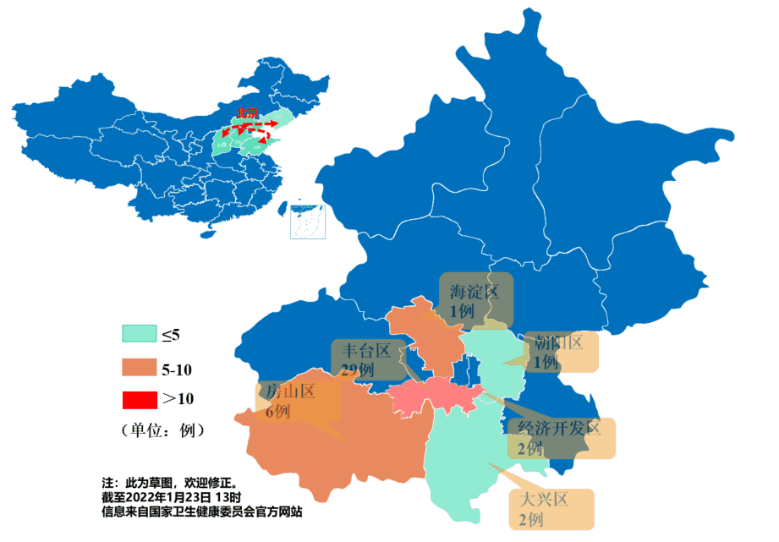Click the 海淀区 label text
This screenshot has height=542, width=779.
(x=475, y=293)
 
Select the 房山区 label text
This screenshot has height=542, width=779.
(x=290, y=391)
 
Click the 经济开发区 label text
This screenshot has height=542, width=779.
(x=559, y=428)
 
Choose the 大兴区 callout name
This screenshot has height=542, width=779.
(x=542, y=499)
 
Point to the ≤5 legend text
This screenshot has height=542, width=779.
(x=171, y=335)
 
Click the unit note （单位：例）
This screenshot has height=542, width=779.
(x=162, y=430)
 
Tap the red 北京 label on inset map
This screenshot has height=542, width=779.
(x=247, y=112)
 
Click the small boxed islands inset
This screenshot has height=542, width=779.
(x=308, y=221)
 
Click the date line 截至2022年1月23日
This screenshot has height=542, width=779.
(x=172, y=496)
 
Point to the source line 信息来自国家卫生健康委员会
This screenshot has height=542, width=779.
(x=202, y=512)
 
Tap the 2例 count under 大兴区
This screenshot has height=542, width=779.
(x=530, y=519)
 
